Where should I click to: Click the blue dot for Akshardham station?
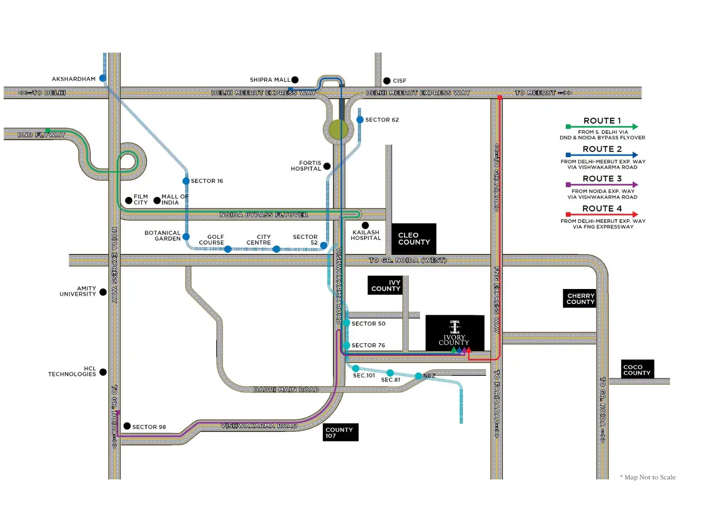[103, 79]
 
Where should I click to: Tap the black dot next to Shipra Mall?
[295, 80]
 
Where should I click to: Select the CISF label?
[399, 81]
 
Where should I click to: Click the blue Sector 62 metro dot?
[360, 119]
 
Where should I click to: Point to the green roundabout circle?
[338, 130]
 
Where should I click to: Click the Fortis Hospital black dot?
[327, 166]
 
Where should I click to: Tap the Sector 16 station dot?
[186, 181]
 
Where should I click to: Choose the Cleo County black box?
[414, 239]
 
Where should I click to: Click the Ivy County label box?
[385, 285]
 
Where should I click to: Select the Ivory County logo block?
[455, 333]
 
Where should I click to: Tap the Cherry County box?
[579, 298]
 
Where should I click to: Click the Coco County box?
[638, 369]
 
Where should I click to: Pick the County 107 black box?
[340, 432]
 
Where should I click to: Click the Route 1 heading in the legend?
[602, 120]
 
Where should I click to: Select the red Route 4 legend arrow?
[602, 215]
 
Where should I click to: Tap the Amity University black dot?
[103, 292]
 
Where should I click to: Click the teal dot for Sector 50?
[346, 323]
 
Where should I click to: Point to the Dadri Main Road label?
[287, 390]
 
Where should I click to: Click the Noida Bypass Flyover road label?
[264, 215]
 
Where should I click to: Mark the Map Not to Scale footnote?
[648, 477]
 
